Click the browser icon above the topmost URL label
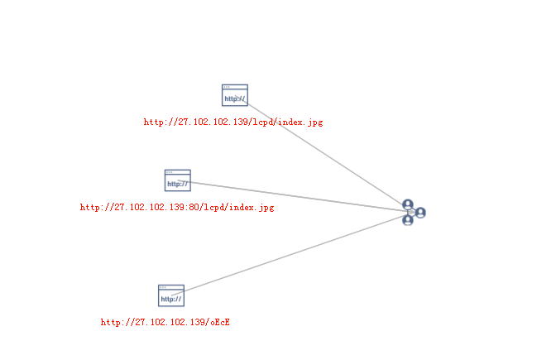tap(235, 95)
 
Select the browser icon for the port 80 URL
tap(177, 180)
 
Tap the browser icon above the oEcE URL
tap(171, 295)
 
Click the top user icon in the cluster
tap(408, 204)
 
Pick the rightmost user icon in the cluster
tap(420, 213)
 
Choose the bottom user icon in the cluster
tap(408, 220)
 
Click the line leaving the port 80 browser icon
tap(298, 196)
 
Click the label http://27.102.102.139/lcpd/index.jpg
tap(233, 122)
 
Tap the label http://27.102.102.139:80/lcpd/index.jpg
tap(176, 208)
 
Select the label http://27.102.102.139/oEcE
tap(165, 322)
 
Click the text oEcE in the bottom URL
tap(219, 322)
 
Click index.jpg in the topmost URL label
tap(300, 122)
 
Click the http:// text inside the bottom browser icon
tap(170, 299)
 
